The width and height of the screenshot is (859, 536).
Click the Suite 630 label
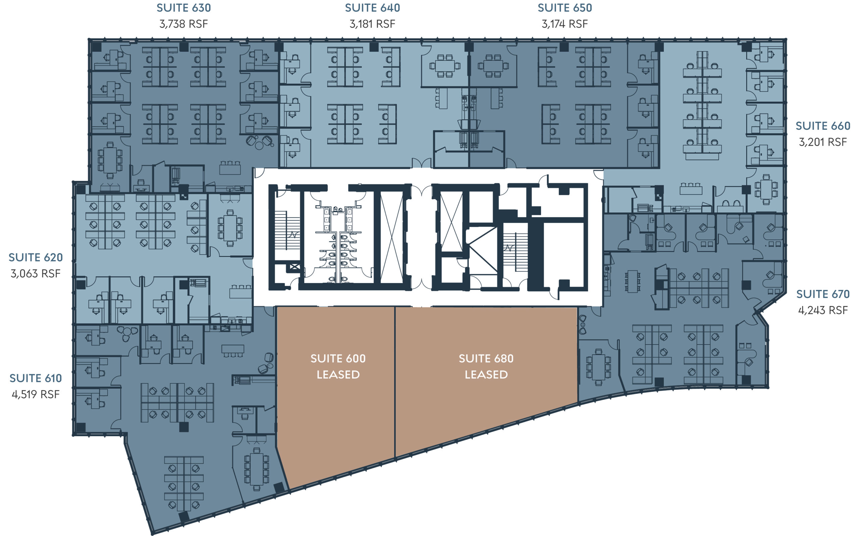184,8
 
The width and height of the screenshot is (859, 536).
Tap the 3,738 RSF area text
184,24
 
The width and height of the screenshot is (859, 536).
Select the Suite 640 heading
372,8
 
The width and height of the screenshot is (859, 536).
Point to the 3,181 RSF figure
372,24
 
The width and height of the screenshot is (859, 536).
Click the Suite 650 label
565,8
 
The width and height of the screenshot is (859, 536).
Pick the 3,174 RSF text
565,24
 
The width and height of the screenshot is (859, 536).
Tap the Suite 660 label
823,126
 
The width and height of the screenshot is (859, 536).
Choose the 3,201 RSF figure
823,142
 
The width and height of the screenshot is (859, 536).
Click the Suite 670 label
823,294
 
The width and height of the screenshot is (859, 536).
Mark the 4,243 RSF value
823,310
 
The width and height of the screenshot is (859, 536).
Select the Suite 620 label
36,257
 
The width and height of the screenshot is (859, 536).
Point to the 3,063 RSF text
36,274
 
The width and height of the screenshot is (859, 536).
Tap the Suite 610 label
36,378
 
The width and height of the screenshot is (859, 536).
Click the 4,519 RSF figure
36,395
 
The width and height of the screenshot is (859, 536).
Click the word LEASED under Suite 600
338,375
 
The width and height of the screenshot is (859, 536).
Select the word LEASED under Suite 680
486,375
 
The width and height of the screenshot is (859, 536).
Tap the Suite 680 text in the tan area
486,358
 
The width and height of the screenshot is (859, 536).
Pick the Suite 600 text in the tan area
338,358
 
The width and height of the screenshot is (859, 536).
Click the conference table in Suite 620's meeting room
230,228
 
